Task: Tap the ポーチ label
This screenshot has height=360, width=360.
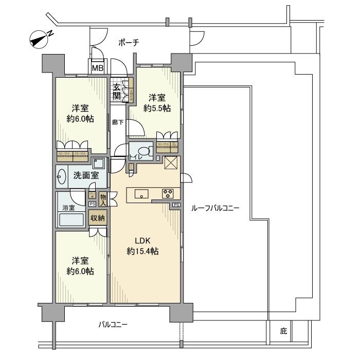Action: point(129,43)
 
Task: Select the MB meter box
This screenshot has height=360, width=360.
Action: point(97,67)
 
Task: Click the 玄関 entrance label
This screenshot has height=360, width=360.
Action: point(117,91)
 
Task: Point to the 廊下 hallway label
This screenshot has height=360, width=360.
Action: point(118,122)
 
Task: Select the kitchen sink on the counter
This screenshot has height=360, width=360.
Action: point(141,194)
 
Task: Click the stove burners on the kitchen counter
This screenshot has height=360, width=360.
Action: point(168,194)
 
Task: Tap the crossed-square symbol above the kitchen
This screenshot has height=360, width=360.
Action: point(170,163)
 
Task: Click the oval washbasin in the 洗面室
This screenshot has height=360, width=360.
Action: point(62,176)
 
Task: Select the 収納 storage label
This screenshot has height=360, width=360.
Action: point(98,218)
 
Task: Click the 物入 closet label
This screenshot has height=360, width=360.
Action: point(103,199)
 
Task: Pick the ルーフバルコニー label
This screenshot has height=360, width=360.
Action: point(214,208)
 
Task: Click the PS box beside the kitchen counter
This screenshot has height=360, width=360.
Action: point(176,206)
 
